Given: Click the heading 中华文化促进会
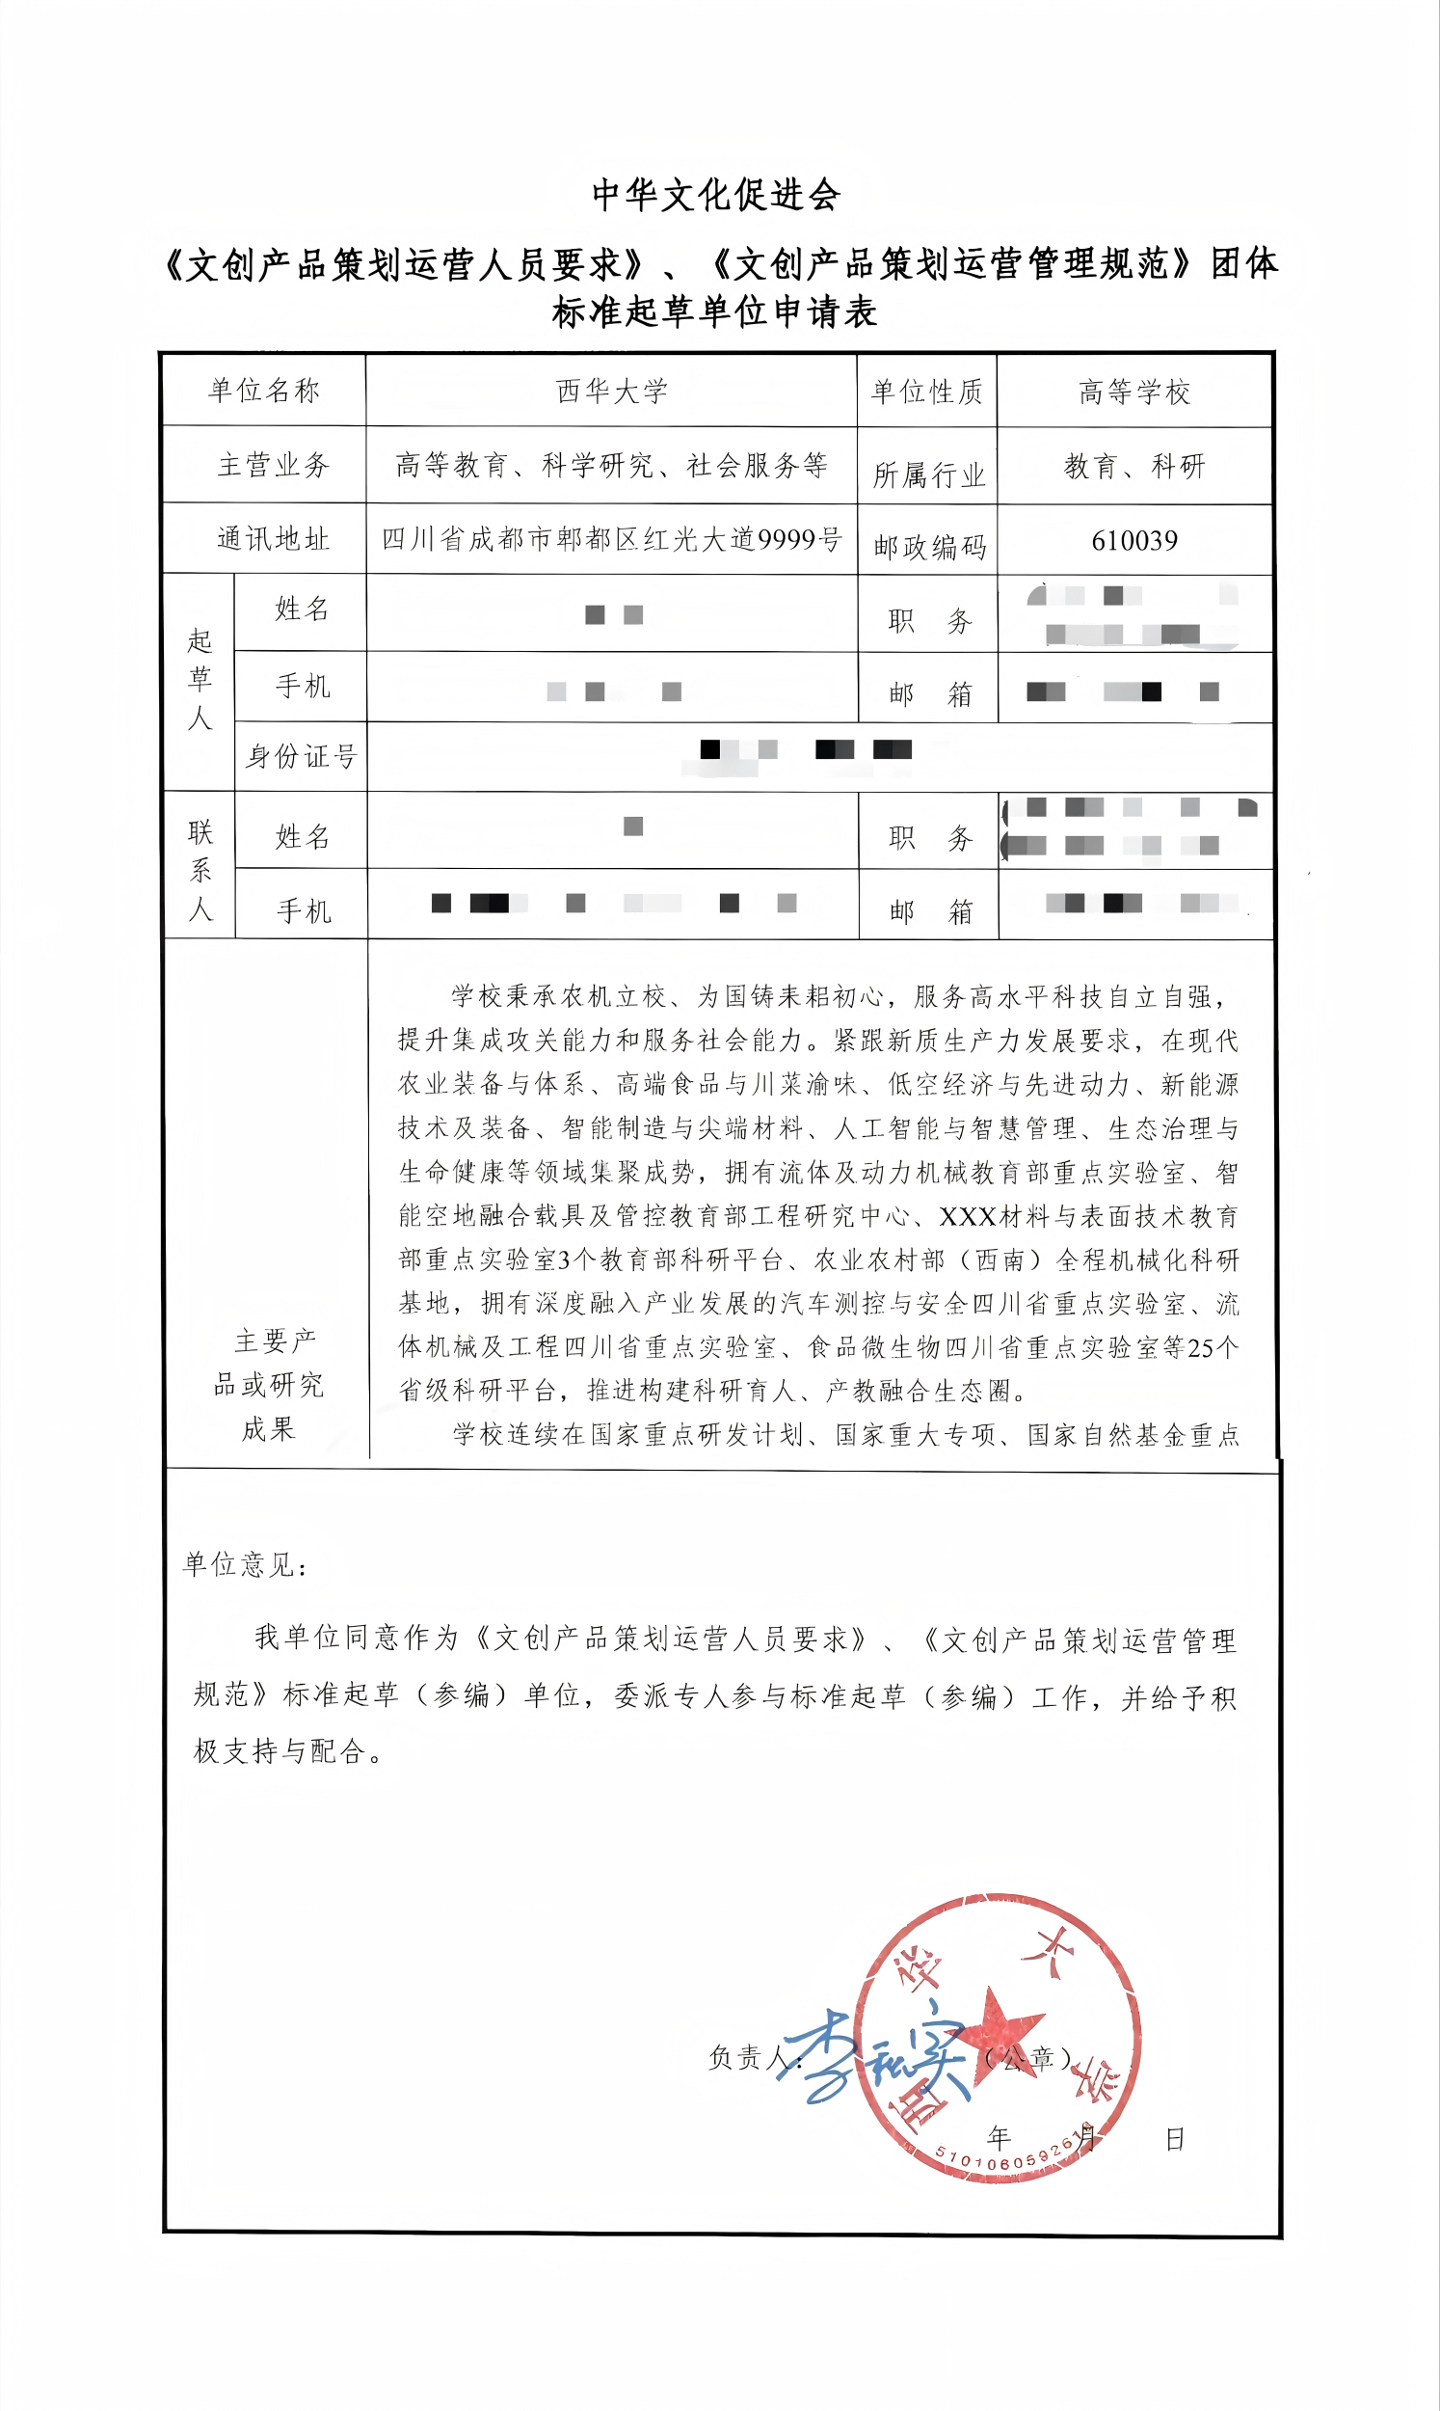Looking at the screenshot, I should coord(716,195).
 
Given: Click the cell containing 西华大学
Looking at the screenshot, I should coord(611,392).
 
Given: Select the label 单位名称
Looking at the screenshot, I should coord(264,391).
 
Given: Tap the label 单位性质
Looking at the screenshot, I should coord(926,392).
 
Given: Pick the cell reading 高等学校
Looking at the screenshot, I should coord(1134,393).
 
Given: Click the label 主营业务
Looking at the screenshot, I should coord(274,465).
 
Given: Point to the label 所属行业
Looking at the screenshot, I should coord(928,474).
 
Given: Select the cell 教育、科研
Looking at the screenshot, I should coord(1134,467).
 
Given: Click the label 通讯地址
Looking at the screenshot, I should coord(274,539).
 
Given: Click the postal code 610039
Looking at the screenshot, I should coord(1134,541).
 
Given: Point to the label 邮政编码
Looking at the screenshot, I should coord(929,548).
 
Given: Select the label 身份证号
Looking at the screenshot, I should coord(301,756).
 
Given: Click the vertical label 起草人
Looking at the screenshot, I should coord(200,680).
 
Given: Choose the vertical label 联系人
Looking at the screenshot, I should coord(200,870).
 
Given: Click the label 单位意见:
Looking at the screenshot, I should coord(245,1564).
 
